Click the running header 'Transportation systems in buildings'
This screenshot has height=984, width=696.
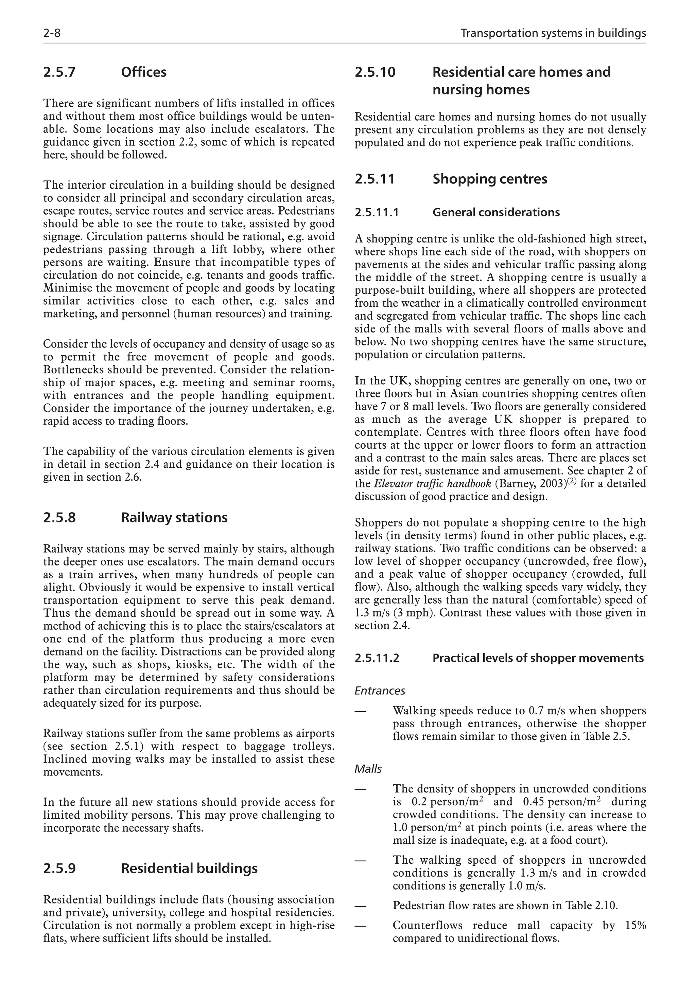[x=553, y=33]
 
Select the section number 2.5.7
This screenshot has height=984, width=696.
[x=59, y=72]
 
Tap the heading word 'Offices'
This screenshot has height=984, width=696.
[x=144, y=72]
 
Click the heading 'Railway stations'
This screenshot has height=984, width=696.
[x=174, y=517]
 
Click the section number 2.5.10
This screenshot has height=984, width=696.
[x=375, y=72]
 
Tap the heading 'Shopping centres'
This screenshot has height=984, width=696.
[x=490, y=179]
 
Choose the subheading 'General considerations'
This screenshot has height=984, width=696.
[x=496, y=213]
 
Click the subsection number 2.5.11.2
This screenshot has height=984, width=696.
[x=377, y=658]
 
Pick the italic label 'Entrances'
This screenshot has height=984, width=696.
[x=380, y=691]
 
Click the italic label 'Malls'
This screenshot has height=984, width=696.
[x=368, y=769]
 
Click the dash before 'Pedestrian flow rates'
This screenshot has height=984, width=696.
[x=361, y=906]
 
